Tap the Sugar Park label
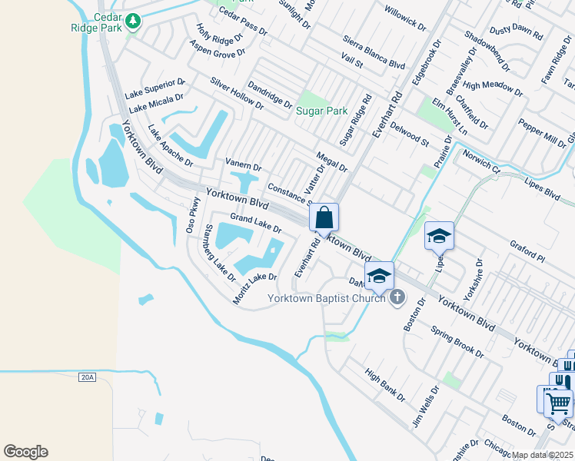point(322,111)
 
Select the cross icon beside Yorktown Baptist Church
point(397,297)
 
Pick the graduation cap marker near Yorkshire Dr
point(439,235)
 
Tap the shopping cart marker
point(559,400)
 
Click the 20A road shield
point(88,377)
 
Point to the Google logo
point(25,452)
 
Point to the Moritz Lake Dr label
point(254,287)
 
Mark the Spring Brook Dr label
point(457,343)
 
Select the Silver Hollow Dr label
point(236,92)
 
